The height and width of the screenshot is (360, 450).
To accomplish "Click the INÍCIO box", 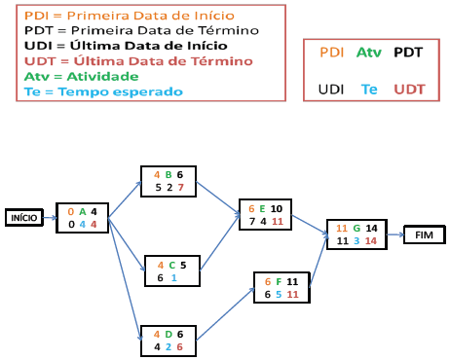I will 24,218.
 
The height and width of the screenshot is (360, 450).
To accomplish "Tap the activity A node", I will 82,218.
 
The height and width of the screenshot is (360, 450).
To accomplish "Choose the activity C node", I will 172,270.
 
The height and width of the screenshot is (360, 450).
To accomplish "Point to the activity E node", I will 265,215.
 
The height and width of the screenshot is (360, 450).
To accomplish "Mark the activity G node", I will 352,234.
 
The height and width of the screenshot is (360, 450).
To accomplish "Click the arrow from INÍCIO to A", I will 49,218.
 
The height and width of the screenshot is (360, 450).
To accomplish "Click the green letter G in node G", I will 356,228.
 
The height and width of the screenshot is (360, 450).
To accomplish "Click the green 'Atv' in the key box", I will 368,52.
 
